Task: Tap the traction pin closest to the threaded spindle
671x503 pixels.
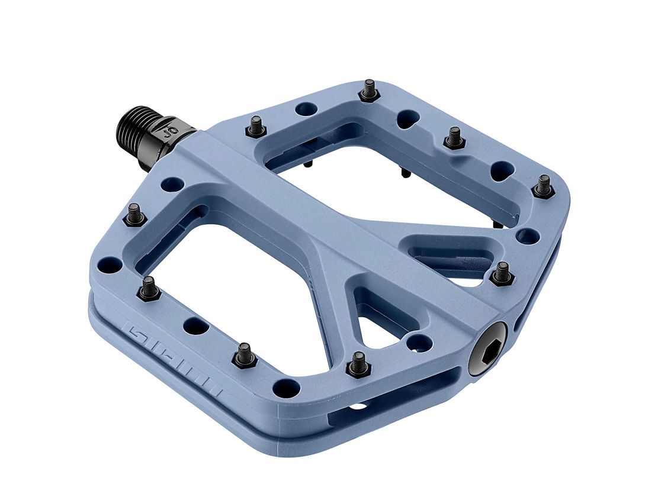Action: pos(256,126)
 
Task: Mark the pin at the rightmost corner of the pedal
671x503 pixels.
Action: pos(543,187)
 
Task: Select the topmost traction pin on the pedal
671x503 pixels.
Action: pos(369,91)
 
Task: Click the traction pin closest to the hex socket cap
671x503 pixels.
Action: pos(502,273)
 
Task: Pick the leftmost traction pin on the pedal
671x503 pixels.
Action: pos(135,215)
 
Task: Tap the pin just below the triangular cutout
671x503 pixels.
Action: pos(358,364)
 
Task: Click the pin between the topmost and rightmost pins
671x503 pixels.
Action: pos(454,138)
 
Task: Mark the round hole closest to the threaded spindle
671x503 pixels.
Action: pos(172,183)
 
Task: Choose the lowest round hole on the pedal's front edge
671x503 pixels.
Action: pos(286,388)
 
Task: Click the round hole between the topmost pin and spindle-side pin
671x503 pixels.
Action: pos(306,109)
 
